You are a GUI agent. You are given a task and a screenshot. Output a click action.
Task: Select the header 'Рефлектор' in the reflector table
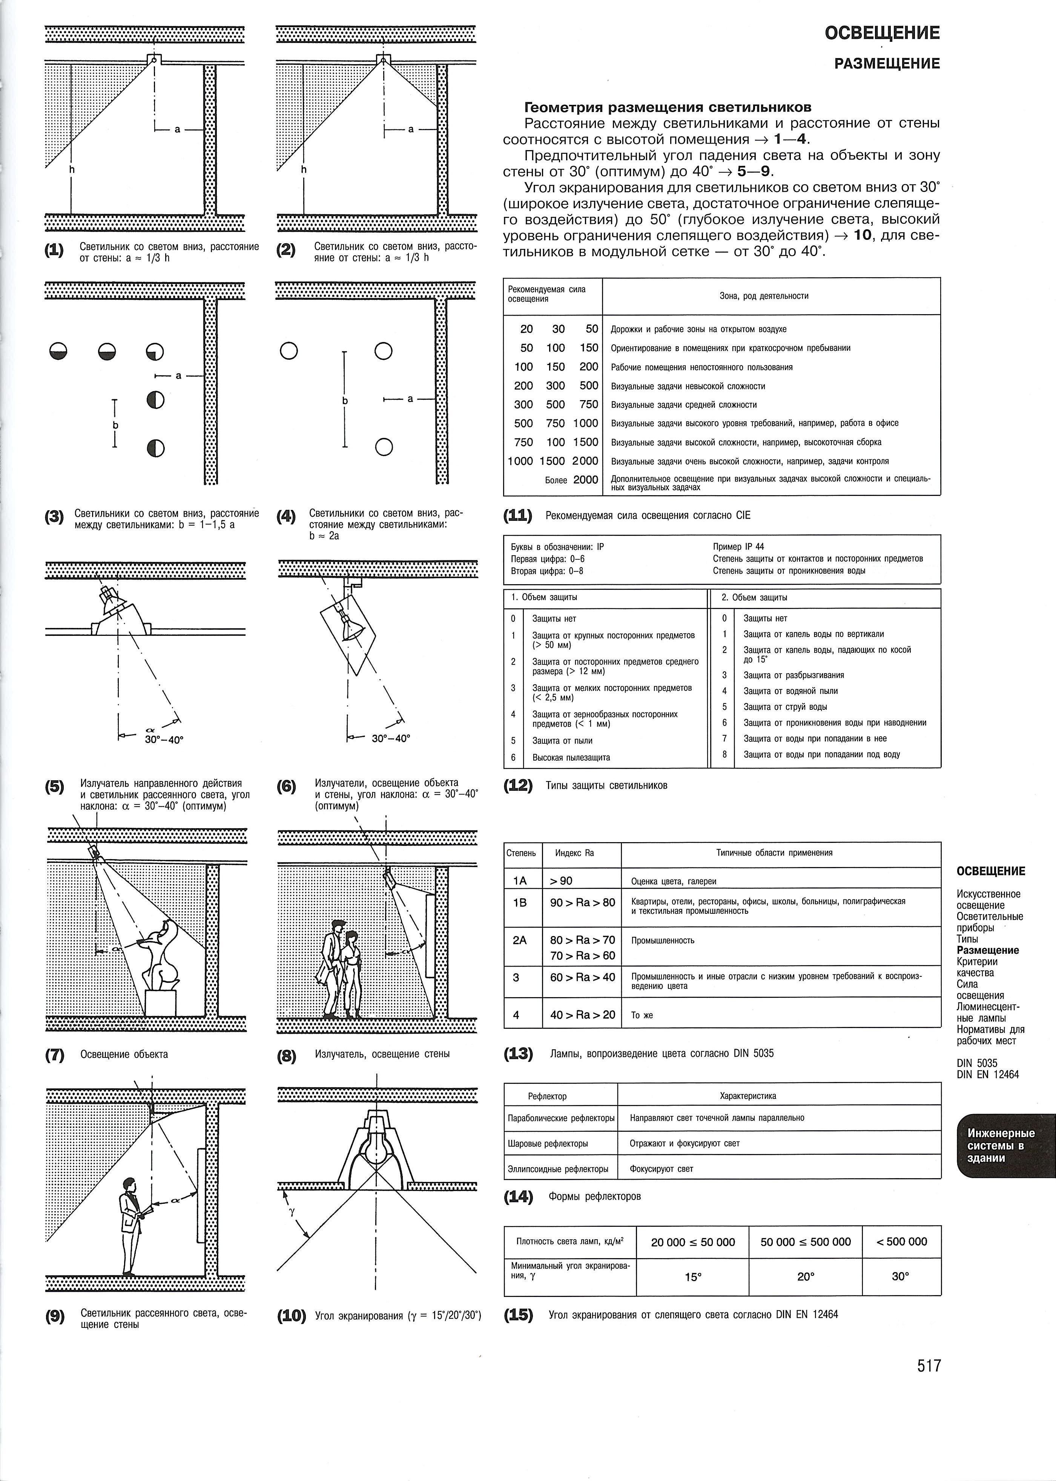(548, 1096)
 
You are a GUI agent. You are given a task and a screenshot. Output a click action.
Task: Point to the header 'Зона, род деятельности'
(764, 296)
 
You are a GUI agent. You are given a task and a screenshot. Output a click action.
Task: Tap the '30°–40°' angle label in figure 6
(391, 739)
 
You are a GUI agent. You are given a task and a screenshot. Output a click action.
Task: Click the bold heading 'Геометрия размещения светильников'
(668, 107)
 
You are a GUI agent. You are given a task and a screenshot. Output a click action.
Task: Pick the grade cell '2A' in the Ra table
(520, 939)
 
